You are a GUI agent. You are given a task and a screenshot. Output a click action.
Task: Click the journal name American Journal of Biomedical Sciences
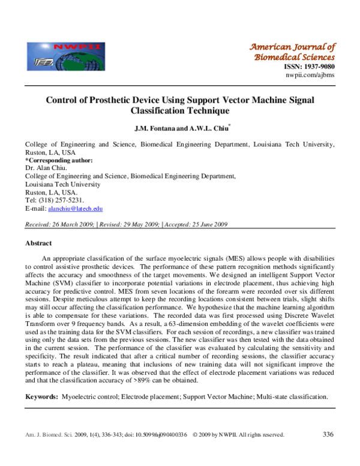[292, 52]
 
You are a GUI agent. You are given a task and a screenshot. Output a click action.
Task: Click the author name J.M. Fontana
[158, 128]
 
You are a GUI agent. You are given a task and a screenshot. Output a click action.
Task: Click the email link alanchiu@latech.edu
[75, 208]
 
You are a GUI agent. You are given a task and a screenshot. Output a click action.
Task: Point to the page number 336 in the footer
[328, 434]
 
